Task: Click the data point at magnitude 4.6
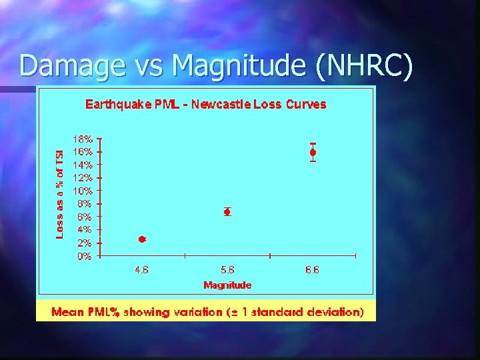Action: [142, 239]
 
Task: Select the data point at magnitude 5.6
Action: [227, 212]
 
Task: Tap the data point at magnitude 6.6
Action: [313, 153]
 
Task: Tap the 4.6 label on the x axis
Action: [142, 270]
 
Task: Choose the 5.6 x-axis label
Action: [227, 270]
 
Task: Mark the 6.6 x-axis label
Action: [313, 270]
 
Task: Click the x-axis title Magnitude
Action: [227, 285]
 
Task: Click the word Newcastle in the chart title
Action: [230, 105]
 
